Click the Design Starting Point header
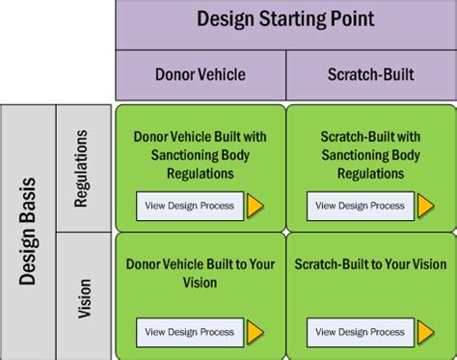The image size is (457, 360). coord(285,19)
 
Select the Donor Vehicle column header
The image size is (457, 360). coord(201,74)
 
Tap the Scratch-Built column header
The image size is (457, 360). coord(371,74)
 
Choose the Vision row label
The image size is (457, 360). coord(84,295)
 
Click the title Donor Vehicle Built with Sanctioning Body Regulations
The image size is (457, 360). coord(200,154)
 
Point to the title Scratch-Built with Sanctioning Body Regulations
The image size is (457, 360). coord(371,154)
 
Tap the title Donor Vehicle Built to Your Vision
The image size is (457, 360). coord(200,273)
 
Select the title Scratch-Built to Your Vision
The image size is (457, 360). coord(371,263)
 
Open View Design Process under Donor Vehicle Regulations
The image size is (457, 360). coord(189,206)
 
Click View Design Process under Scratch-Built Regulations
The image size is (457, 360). coord(361,206)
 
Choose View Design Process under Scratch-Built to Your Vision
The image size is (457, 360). coord(361,332)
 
